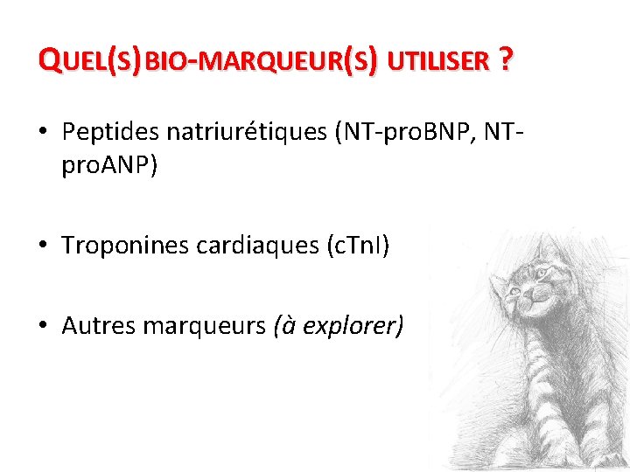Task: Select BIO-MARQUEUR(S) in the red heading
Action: (x=262, y=61)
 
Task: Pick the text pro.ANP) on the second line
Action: (x=109, y=166)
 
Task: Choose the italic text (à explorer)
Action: (x=339, y=326)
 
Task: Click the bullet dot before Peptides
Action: (x=43, y=134)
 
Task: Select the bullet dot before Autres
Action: (x=43, y=327)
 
